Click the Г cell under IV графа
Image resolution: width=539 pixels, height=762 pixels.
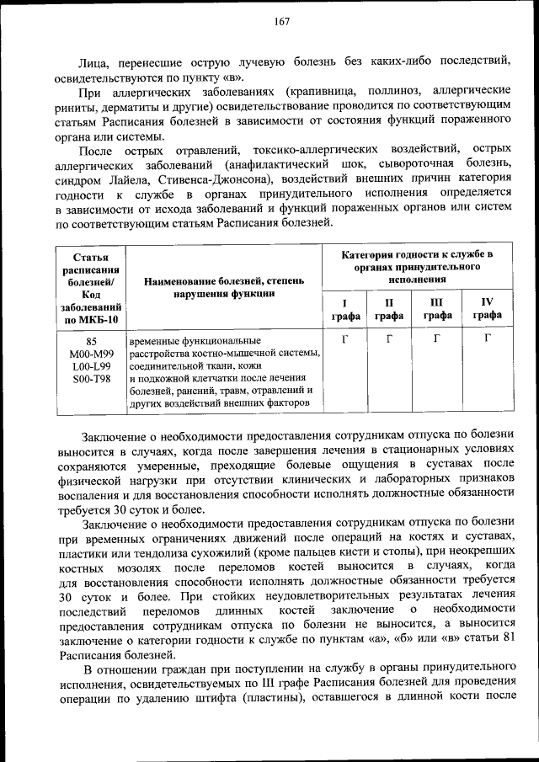[x=487, y=339]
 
